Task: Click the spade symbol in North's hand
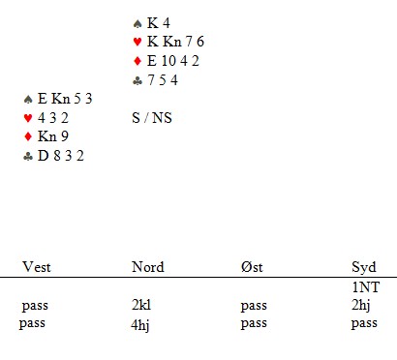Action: (x=137, y=23)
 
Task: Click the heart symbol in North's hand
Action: (x=137, y=42)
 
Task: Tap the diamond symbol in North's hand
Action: (x=137, y=61)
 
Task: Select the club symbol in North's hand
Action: (x=137, y=81)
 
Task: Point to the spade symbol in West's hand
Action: (x=28, y=100)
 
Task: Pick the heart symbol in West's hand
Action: (x=28, y=118)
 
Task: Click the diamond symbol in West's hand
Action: (x=28, y=136)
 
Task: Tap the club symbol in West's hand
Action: (x=28, y=157)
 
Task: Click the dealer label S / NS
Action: (x=152, y=118)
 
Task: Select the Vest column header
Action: (x=37, y=267)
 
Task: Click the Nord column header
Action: (x=148, y=267)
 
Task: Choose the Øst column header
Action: (x=252, y=267)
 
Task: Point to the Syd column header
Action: (x=364, y=268)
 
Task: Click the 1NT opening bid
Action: (x=366, y=287)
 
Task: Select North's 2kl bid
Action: (x=141, y=305)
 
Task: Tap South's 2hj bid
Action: (x=361, y=306)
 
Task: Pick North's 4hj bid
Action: (x=140, y=324)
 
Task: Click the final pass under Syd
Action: (x=364, y=323)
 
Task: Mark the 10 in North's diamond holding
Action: (x=168, y=61)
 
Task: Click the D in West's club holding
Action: (x=43, y=156)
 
